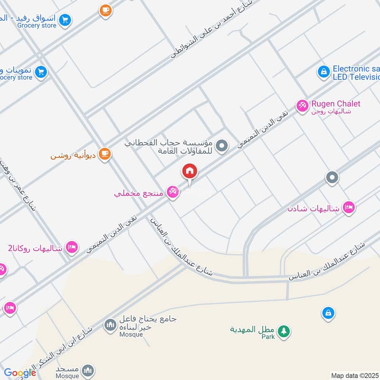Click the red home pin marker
pos(190,171)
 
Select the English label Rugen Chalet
pos(336,104)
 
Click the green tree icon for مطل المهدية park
pos(284,331)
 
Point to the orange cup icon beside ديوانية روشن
pos(104,154)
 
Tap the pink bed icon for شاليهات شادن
pos(349,208)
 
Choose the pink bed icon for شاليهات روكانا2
pos(72,247)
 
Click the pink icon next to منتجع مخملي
pos(173,192)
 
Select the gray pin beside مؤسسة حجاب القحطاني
pos(221,146)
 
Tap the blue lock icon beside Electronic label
pos(323,72)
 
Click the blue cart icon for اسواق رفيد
pos(66,20)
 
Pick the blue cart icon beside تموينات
pos(41,72)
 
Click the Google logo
pos(19,373)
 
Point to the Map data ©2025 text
pos(355,375)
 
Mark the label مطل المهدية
pos(250,329)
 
